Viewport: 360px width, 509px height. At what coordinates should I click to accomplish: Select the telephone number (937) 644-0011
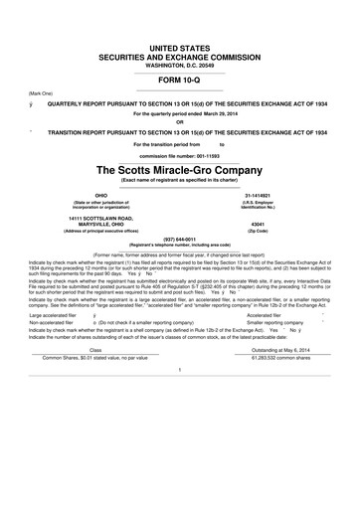click(x=179, y=239)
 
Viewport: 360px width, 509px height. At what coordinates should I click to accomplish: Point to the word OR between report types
click(x=179, y=123)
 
